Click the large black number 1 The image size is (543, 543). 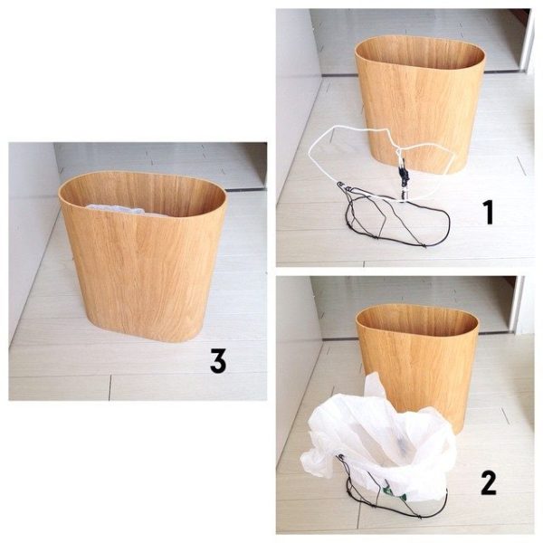(x=489, y=213)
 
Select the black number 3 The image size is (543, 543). (x=218, y=360)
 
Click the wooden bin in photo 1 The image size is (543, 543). (x=419, y=104)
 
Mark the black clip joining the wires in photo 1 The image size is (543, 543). (x=405, y=176)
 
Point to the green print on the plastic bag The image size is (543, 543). (x=394, y=494)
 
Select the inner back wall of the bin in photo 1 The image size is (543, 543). (x=420, y=54)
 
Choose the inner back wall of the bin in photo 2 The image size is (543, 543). (x=417, y=320)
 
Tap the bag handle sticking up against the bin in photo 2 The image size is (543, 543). (x=374, y=386)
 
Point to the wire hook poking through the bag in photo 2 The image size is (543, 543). (x=342, y=458)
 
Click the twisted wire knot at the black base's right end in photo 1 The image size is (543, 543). (x=424, y=245)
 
